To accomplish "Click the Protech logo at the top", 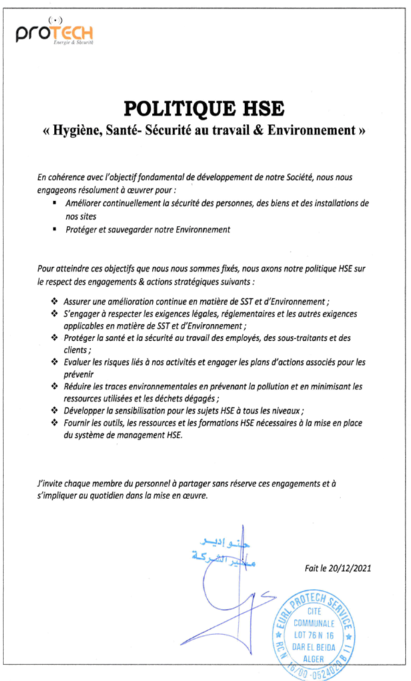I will (x=55, y=33).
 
